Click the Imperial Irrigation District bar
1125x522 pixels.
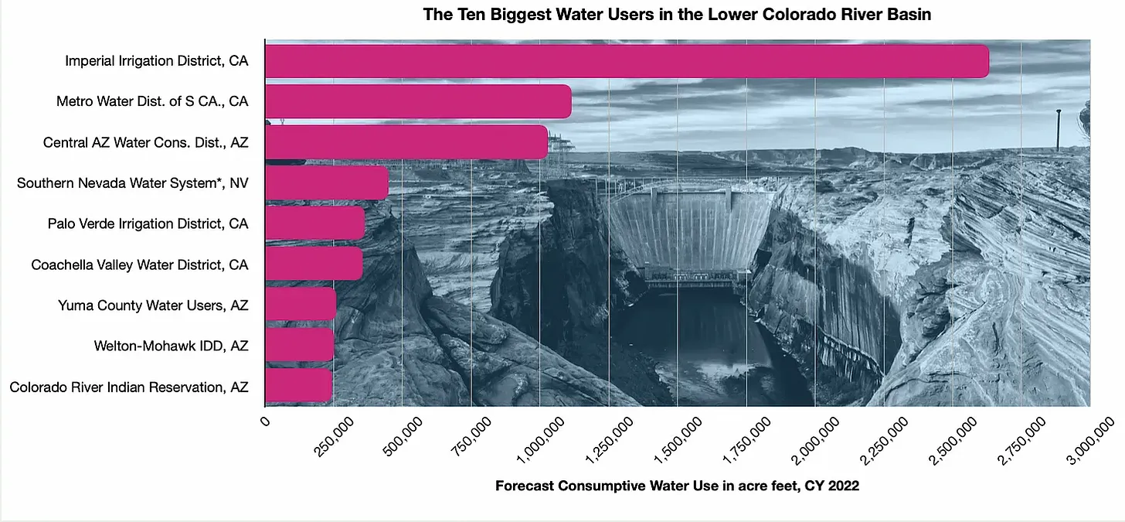coord(626,61)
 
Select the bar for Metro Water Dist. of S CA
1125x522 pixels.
coord(417,101)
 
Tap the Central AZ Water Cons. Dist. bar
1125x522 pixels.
coord(406,142)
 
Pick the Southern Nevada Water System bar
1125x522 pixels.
coord(326,183)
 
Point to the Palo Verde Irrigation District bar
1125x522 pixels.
coord(314,223)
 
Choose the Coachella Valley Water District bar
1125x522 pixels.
coord(313,264)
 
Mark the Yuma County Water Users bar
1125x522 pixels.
coord(300,305)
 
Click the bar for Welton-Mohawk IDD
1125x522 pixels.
coord(299,345)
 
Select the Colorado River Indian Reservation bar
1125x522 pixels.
coord(298,385)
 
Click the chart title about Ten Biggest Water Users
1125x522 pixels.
coord(677,15)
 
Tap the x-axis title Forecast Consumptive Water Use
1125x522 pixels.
coord(677,486)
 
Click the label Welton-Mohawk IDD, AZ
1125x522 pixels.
coord(171,346)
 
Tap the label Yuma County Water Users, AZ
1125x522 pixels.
coord(153,305)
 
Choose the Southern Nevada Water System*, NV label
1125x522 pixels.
coord(133,183)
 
